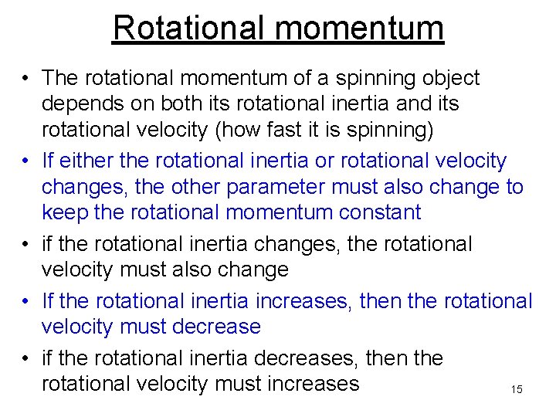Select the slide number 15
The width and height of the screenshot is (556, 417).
tap(517, 390)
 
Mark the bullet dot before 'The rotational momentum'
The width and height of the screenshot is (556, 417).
tap(25, 79)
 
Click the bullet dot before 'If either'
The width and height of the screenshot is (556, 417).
tap(25, 161)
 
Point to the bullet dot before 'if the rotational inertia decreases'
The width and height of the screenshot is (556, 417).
tap(25, 359)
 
